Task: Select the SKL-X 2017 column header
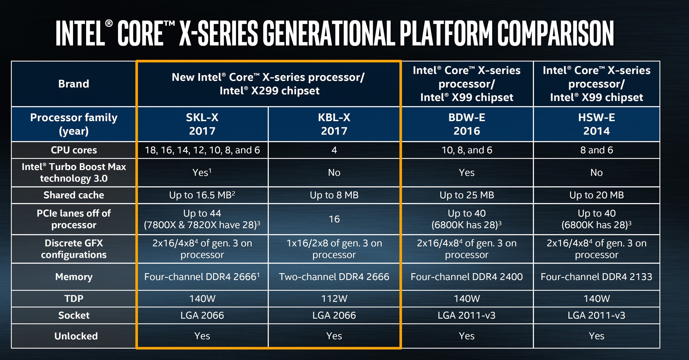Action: click(202, 124)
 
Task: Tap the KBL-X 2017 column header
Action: click(334, 124)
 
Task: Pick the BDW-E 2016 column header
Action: click(467, 124)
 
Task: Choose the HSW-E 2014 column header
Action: click(596, 124)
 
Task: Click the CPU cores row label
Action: click(74, 150)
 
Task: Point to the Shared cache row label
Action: click(74, 195)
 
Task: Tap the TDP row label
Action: click(74, 298)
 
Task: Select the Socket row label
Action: click(74, 315)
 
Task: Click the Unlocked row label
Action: click(76, 336)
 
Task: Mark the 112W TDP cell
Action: click(334, 298)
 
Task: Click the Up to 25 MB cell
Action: click(467, 195)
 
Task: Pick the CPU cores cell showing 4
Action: click(334, 150)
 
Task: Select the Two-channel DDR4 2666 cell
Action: click(334, 277)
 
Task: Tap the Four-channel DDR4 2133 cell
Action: click(596, 277)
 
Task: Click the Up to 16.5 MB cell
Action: click(202, 195)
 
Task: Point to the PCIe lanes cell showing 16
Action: click(334, 219)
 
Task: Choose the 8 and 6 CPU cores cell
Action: click(596, 150)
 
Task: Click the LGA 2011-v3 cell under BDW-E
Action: click(467, 315)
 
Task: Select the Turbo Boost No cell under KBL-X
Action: click(334, 172)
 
